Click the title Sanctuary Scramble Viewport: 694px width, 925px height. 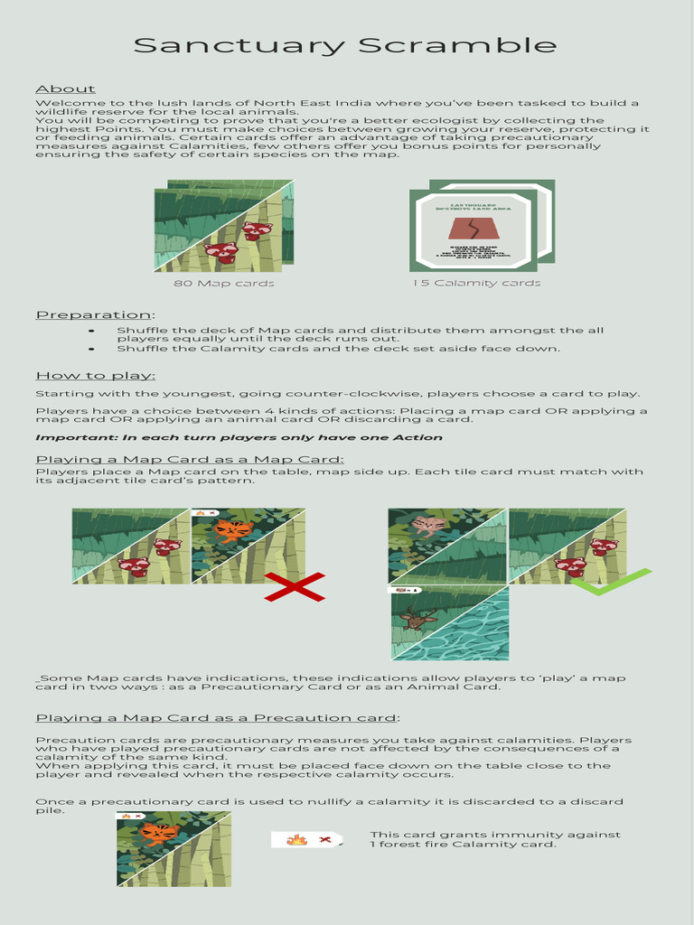pos(345,45)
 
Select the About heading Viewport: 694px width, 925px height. pos(65,89)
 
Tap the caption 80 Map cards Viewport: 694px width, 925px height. pos(224,284)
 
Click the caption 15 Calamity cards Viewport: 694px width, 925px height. pos(476,284)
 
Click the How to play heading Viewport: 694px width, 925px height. pos(95,376)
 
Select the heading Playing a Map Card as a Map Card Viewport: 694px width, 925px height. pos(190,460)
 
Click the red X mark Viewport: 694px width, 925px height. pos(294,586)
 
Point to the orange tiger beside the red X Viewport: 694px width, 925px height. pos(233,530)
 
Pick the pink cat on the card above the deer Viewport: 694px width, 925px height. pos(427,525)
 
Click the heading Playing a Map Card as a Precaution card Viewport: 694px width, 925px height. pos(217,718)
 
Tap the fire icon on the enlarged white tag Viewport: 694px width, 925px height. pos(296,841)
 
